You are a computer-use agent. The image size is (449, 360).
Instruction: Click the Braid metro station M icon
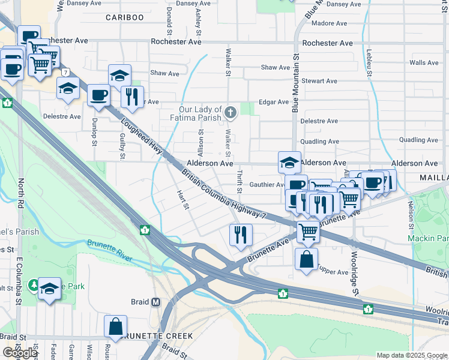156,302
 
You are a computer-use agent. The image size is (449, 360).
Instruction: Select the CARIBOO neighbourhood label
125,17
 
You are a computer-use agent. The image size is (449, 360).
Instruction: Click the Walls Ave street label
424,62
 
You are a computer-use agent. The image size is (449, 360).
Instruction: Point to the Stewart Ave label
319,81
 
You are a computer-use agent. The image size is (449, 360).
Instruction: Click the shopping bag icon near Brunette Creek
115,326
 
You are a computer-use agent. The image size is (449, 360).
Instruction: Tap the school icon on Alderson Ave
290,162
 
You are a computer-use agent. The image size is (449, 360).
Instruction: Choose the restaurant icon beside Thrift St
241,234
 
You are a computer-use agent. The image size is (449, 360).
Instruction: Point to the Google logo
20,353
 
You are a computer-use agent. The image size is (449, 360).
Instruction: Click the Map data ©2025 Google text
412,355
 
